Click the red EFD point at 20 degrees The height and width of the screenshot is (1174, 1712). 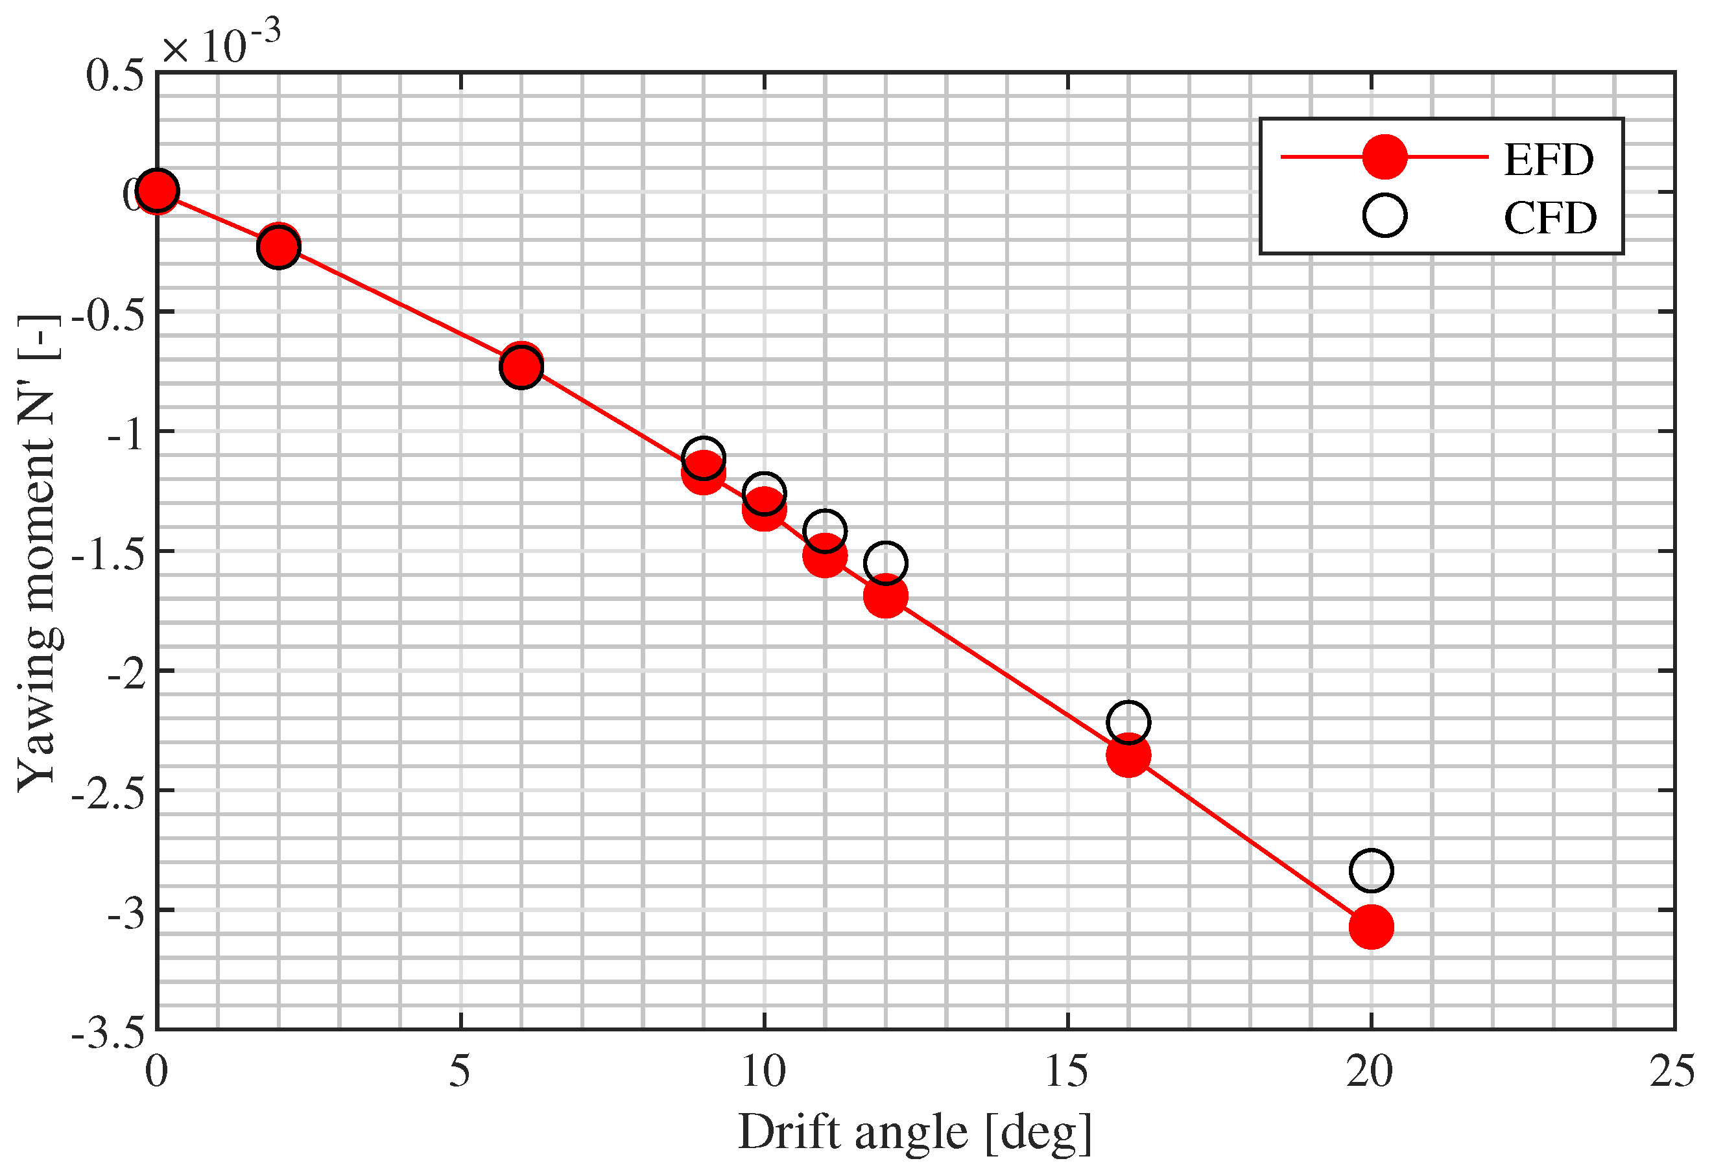click(x=1370, y=926)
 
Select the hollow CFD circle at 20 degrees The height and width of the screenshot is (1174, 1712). click(x=1370, y=871)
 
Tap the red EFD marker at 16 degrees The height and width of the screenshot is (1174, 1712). click(x=1128, y=755)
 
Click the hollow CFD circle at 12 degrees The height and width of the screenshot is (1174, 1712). click(x=885, y=563)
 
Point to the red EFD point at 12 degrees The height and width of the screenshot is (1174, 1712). click(x=885, y=596)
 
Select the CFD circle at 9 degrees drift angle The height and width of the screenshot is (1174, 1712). click(x=703, y=458)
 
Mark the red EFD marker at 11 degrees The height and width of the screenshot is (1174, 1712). click(x=824, y=556)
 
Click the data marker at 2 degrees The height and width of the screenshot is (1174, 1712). click(x=278, y=245)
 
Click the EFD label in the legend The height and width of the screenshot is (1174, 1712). click(x=1549, y=160)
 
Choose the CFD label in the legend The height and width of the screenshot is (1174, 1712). click(x=1550, y=218)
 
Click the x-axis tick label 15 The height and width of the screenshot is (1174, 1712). click(x=1067, y=1072)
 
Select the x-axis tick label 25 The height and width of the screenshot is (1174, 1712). click(x=1672, y=1072)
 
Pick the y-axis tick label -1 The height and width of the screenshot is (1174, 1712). click(x=126, y=435)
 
